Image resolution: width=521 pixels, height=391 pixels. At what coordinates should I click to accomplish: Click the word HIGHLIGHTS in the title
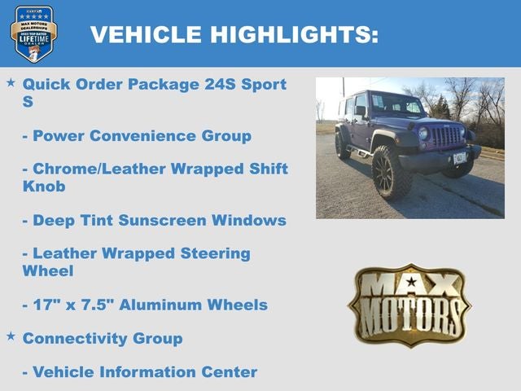[294, 34]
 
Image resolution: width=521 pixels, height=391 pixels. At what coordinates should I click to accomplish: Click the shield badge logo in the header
[34, 33]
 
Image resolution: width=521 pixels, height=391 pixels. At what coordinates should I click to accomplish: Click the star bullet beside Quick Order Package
[11, 83]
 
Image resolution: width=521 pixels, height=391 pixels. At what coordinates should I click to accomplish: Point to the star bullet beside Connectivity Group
[11, 336]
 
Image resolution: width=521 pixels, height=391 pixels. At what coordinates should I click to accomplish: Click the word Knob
[43, 187]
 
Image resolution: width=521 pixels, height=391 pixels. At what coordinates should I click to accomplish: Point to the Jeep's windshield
[396, 105]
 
